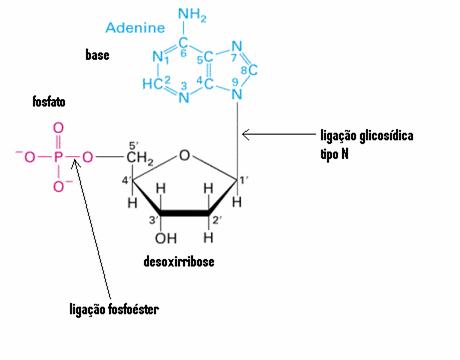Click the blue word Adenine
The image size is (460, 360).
[x=135, y=27]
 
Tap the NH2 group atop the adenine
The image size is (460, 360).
[x=192, y=15]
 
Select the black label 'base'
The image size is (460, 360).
[x=97, y=55]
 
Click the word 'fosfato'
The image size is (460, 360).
[x=49, y=101]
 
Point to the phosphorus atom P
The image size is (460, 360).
[x=58, y=157]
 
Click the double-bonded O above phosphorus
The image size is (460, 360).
[x=58, y=128]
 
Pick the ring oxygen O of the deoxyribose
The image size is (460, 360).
[x=184, y=155]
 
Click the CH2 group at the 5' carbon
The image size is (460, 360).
[x=140, y=157]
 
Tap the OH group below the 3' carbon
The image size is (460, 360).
[x=166, y=238]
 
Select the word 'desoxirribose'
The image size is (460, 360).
[x=179, y=261]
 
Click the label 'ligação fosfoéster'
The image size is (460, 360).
[x=114, y=309]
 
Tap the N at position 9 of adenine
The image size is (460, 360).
[x=237, y=95]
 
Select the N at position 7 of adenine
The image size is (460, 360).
[x=237, y=46]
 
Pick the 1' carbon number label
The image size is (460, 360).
[x=244, y=180]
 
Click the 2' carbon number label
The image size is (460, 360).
[x=217, y=220]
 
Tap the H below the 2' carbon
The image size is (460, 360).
[x=208, y=238]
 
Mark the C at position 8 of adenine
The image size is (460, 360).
[x=253, y=70]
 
